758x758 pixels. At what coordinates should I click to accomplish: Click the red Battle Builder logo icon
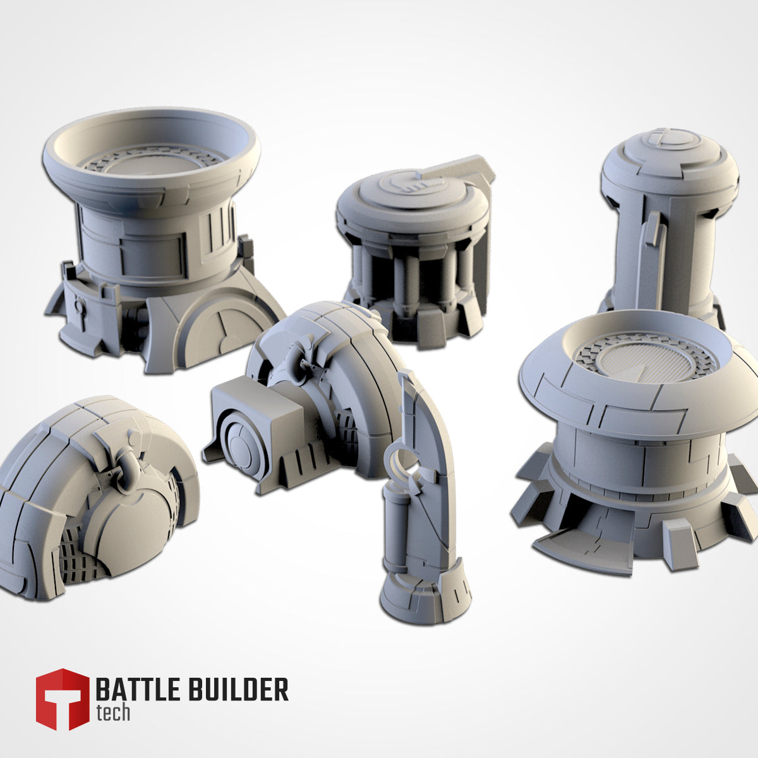(62, 699)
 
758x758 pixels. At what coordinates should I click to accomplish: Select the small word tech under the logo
(113, 713)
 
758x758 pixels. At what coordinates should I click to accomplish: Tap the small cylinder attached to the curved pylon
(395, 531)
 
